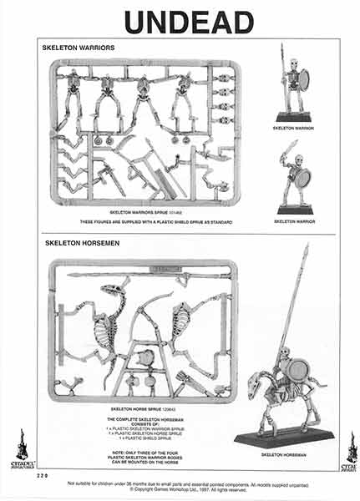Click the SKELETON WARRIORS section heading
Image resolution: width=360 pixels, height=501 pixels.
(79, 48)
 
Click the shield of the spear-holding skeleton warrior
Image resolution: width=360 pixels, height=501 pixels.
(303, 80)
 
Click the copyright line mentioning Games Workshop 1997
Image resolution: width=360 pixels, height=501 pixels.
(188, 489)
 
